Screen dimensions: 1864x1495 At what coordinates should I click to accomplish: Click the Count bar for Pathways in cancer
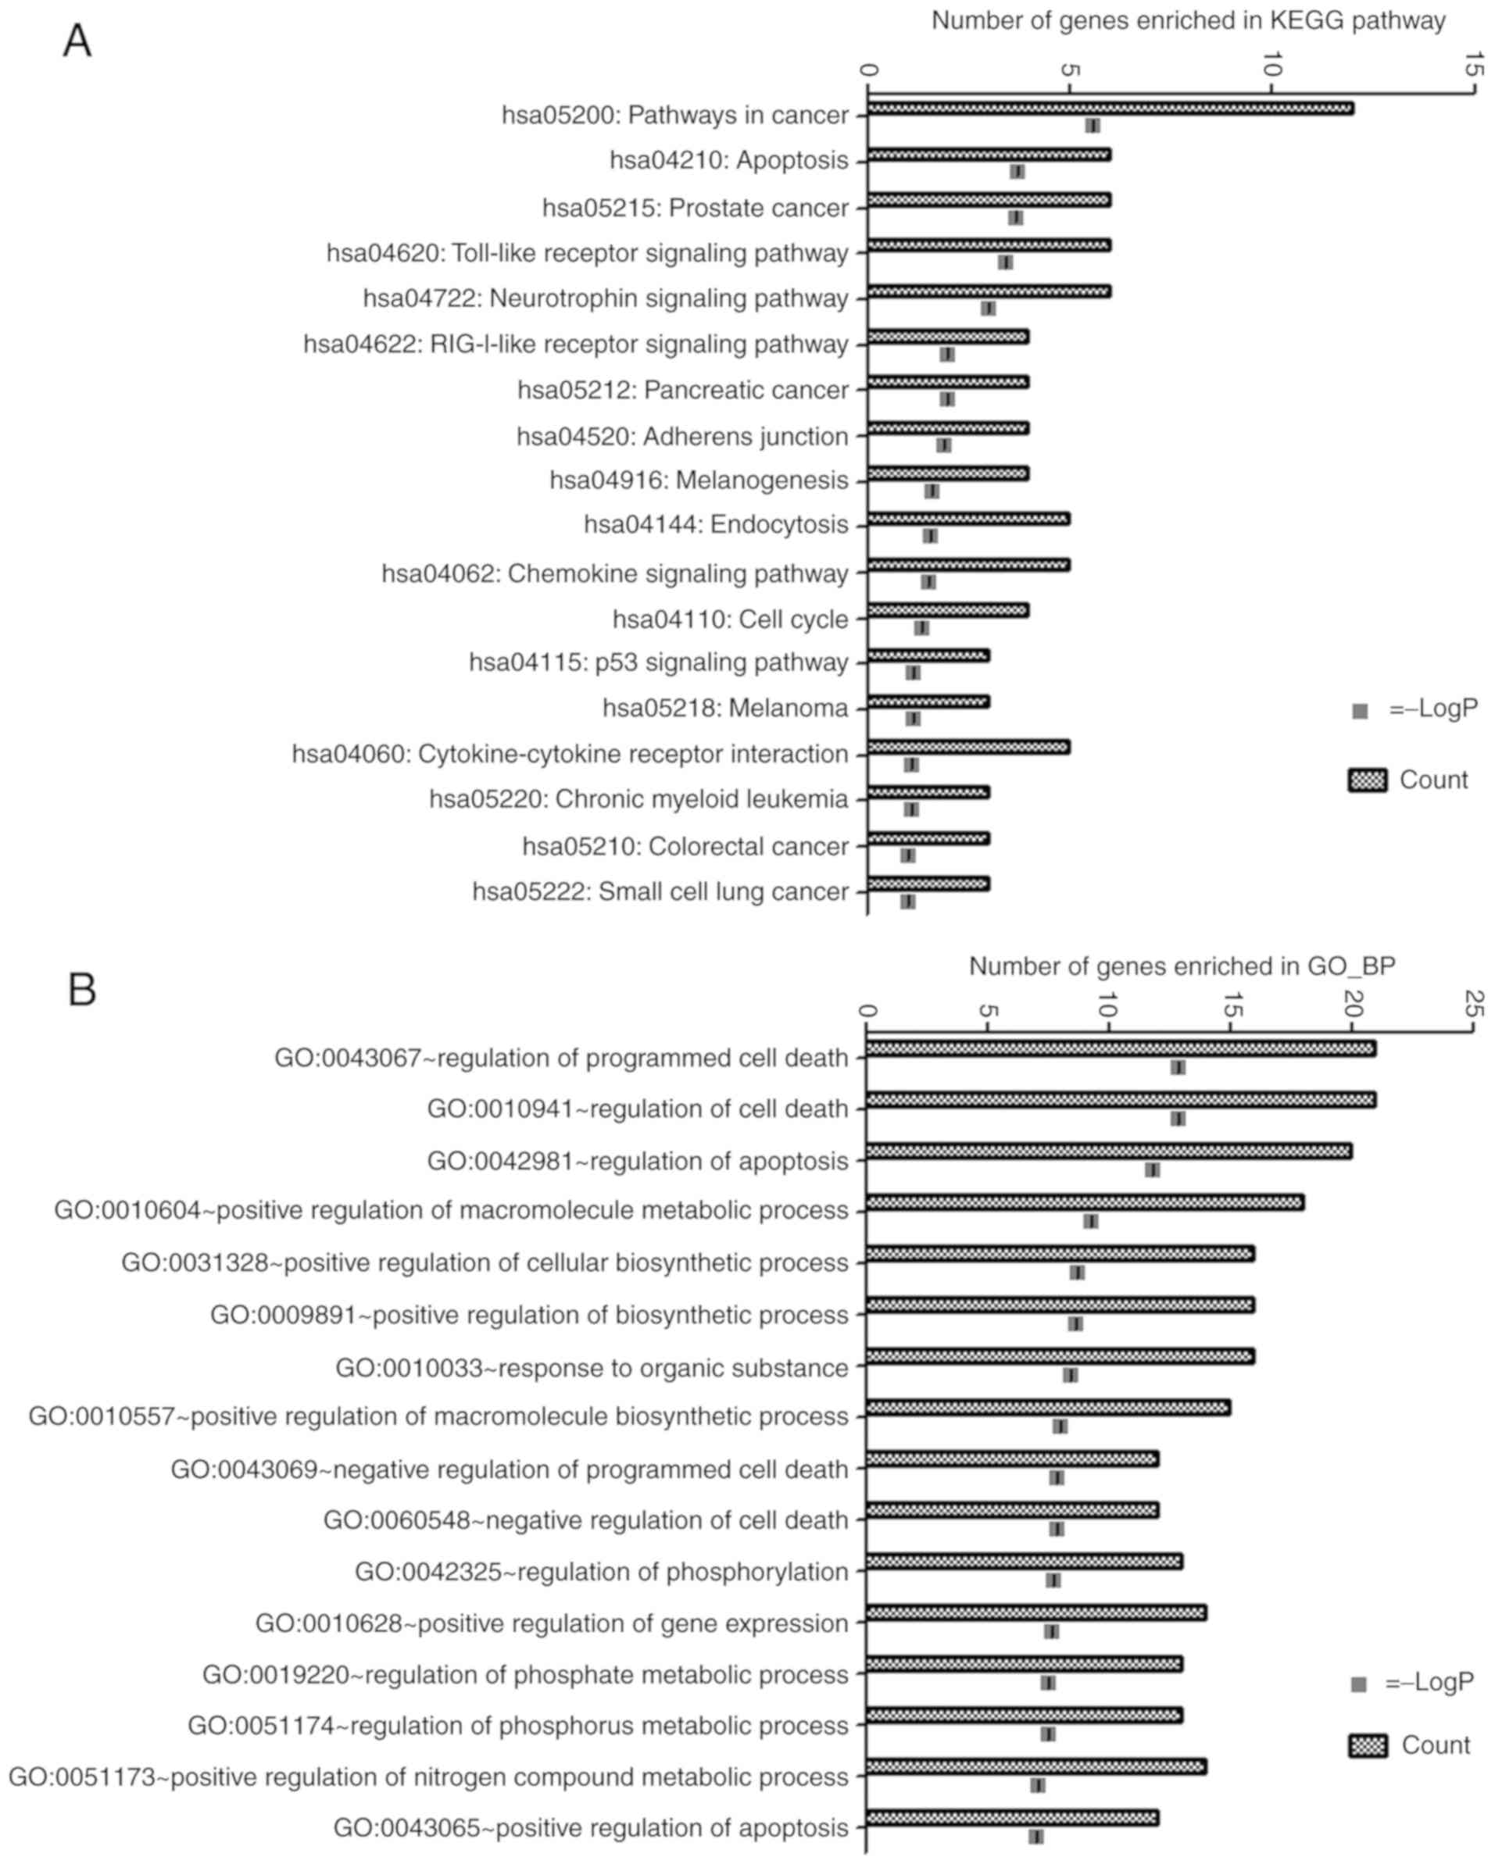tap(1111, 108)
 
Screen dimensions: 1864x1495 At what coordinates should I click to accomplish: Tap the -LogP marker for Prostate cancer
tap(1016, 217)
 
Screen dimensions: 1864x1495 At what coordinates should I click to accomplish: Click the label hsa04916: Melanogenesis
tap(699, 480)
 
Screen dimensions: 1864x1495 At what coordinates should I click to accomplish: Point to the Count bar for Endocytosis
tap(968, 519)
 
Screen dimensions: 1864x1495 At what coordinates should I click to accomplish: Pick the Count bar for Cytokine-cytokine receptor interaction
tap(968, 747)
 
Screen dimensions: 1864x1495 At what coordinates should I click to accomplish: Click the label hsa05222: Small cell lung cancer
tap(660, 891)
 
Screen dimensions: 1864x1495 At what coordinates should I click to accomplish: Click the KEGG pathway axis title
tap(1188, 21)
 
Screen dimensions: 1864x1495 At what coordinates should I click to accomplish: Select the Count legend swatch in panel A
tap(1367, 780)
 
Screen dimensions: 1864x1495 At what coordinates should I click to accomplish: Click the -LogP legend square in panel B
tap(1359, 1684)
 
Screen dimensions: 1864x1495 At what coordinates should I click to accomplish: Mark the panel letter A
tap(77, 41)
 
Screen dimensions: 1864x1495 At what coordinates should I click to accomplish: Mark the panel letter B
tap(81, 989)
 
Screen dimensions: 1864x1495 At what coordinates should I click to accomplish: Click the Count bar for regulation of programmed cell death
tap(1121, 1048)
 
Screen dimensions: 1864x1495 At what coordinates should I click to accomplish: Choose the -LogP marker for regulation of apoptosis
tap(1152, 1169)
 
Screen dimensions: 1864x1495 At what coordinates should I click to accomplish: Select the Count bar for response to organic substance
tap(1060, 1356)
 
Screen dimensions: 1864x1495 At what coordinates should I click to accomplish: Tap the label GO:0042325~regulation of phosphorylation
tap(602, 1571)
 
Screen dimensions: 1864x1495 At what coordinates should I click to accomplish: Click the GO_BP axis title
tap(1182, 966)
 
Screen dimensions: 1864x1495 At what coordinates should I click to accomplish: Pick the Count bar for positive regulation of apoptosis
tap(1012, 1817)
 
